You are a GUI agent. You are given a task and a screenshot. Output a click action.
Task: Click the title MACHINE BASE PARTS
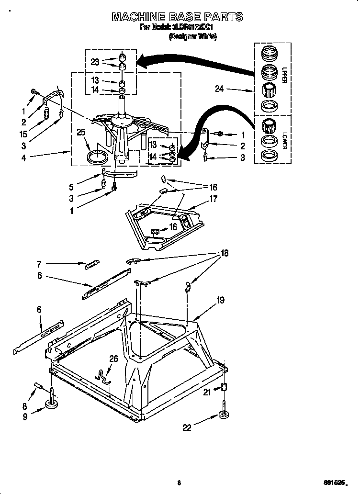pos(177,17)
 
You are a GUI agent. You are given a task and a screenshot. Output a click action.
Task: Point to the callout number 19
pos(220,300)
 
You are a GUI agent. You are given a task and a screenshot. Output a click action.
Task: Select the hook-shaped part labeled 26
pos(102,376)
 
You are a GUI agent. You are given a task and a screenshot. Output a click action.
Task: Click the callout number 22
pos(186,427)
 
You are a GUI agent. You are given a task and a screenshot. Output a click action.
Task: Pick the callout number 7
pos(39,263)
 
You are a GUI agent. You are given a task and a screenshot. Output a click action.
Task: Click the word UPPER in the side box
pos(284,75)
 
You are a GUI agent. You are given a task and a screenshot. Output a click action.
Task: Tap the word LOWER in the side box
pos(284,140)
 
